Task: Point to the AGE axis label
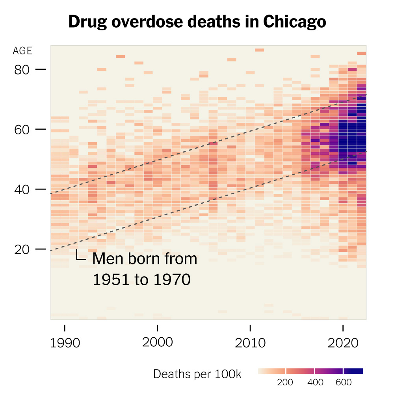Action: click(22, 51)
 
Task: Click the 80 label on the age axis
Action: click(22, 70)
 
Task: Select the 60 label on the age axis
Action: click(22, 130)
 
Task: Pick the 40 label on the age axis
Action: click(22, 190)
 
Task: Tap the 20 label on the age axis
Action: click(22, 249)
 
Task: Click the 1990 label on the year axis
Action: click(65, 343)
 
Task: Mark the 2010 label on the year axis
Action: click(250, 343)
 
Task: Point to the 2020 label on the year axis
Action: click(343, 343)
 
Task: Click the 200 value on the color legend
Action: click(285, 382)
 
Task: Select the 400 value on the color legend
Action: click(315, 382)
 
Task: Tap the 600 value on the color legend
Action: click(344, 382)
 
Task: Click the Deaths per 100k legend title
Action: click(197, 374)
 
